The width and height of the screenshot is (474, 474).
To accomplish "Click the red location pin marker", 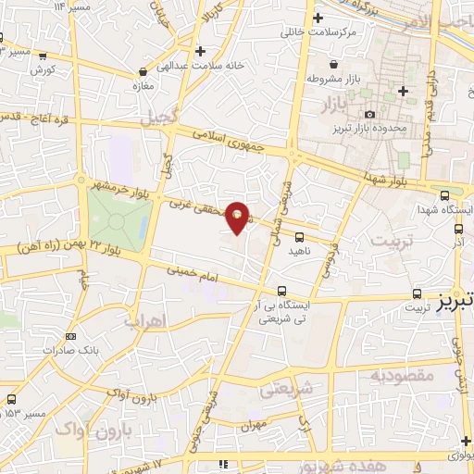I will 238,218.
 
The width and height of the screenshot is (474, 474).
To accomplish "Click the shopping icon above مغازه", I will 143,70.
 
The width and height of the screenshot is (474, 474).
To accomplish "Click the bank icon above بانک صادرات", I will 71,336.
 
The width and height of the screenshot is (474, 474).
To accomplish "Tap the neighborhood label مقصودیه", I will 403,377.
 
